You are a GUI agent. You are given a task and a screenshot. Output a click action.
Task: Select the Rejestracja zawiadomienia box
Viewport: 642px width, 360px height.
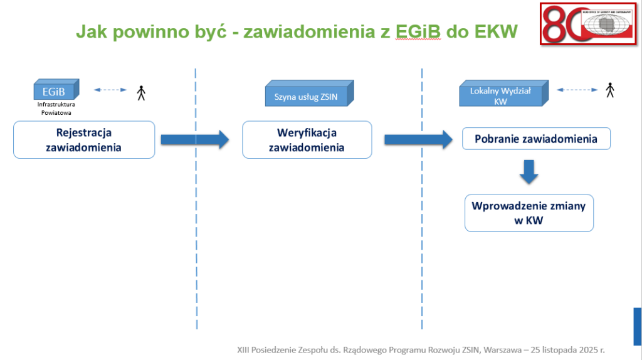83,140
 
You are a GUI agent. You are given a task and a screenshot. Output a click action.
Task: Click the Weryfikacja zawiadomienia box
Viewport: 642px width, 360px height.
307,140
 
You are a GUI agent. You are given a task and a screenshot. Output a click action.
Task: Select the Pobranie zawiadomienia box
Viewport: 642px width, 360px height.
536,139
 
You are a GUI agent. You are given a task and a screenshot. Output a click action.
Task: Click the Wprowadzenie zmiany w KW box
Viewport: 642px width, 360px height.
529,213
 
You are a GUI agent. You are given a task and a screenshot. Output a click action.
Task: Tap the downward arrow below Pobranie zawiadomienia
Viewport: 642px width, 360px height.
529,172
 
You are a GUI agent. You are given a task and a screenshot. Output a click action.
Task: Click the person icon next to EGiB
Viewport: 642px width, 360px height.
142,93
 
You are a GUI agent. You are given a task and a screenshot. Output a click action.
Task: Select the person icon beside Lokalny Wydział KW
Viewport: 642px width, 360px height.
609,90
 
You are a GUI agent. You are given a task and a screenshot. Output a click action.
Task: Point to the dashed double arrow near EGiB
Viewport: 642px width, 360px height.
110,90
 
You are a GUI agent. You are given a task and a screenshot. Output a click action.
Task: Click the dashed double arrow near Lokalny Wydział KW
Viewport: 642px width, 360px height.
577,90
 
